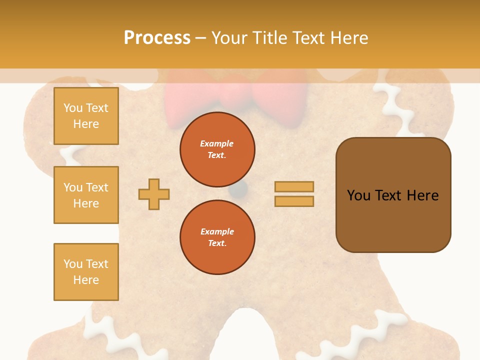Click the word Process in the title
(157, 37)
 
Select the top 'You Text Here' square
(86, 116)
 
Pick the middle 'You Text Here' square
(86, 195)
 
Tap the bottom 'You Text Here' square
(86, 272)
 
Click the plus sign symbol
(154, 194)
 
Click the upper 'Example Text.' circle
(217, 149)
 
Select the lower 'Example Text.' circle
(217, 237)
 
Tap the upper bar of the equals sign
(294, 186)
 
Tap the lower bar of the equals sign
(294, 201)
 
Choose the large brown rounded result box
(393, 195)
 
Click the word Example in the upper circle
(217, 143)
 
